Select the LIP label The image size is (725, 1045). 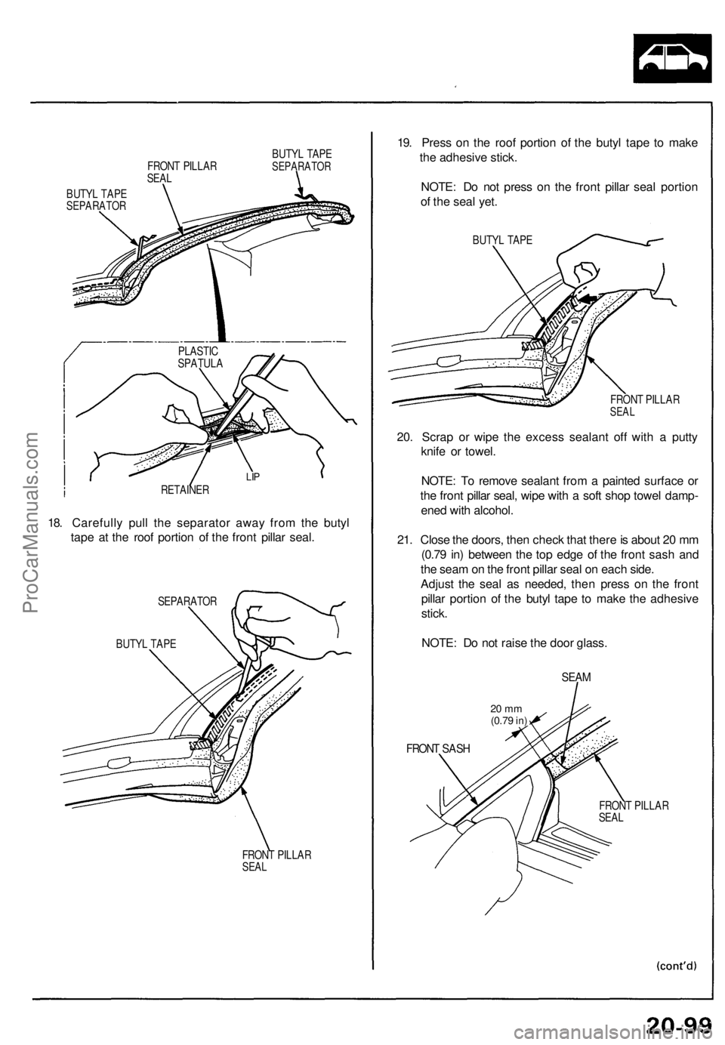coord(253,478)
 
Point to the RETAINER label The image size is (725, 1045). coord(184,490)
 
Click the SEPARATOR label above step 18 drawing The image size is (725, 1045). coord(187,601)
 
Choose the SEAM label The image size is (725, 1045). coord(575,677)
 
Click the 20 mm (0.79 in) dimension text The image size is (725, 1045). coord(507,714)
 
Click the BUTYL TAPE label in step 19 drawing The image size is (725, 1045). coord(501,240)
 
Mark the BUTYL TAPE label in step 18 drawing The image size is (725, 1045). coord(146,643)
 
